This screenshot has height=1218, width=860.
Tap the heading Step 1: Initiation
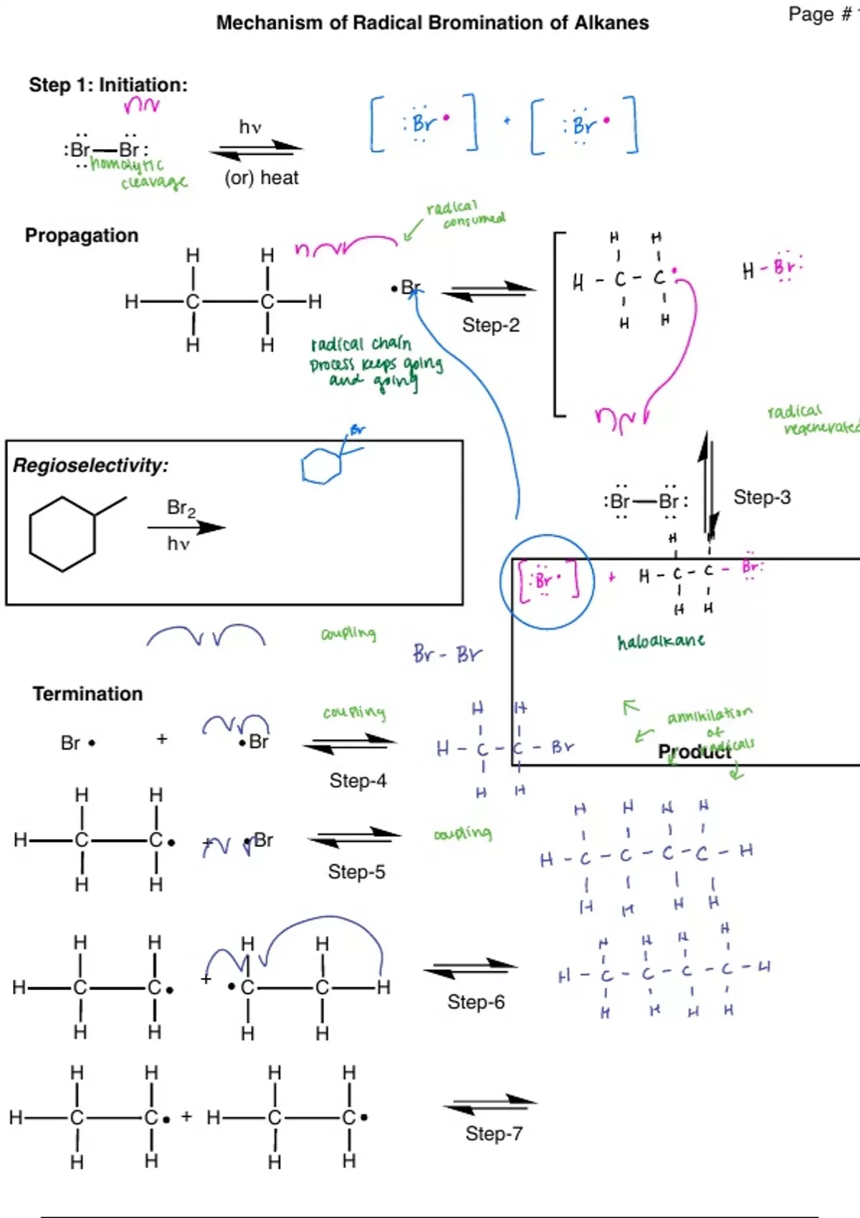(x=107, y=85)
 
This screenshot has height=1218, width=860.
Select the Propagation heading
(x=82, y=236)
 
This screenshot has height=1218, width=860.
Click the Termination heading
(x=87, y=694)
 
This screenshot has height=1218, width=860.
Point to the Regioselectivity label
(x=90, y=466)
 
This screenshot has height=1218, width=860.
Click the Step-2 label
(x=491, y=325)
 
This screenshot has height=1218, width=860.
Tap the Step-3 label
(x=762, y=497)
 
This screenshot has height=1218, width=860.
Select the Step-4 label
(x=358, y=780)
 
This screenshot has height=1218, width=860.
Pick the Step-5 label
(x=356, y=872)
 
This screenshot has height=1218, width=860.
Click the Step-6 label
(x=476, y=1002)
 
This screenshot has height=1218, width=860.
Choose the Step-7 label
(x=494, y=1133)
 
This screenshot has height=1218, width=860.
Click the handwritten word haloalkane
(x=661, y=641)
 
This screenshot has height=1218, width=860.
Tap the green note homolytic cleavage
(x=140, y=173)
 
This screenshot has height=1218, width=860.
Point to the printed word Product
(x=694, y=752)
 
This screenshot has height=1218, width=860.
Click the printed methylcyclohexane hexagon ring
(x=62, y=534)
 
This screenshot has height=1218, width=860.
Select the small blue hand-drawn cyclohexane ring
(x=320, y=467)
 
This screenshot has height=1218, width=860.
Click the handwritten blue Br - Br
(x=447, y=654)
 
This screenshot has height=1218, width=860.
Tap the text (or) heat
(x=262, y=178)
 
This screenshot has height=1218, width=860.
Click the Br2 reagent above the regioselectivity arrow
(x=181, y=508)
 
